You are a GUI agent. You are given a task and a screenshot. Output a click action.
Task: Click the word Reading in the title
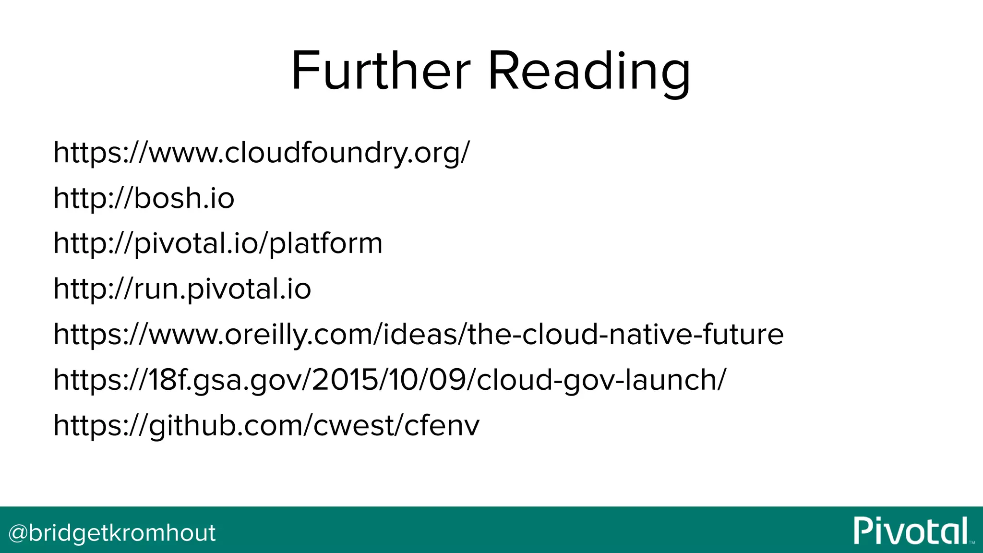pyautogui.click(x=589, y=72)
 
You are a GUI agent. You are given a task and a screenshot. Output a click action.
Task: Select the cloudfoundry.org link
pyautogui.click(x=262, y=153)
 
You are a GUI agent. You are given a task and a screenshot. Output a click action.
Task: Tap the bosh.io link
pyautogui.click(x=144, y=198)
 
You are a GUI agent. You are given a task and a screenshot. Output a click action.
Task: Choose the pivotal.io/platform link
pyautogui.click(x=218, y=243)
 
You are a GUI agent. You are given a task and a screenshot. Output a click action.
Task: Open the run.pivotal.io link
pyautogui.click(x=182, y=289)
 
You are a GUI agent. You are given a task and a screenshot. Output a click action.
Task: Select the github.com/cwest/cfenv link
pyautogui.click(x=266, y=425)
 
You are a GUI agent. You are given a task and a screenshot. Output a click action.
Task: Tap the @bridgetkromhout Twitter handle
pyautogui.click(x=112, y=533)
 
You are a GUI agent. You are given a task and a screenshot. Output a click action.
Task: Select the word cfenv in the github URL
pyautogui.click(x=442, y=425)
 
